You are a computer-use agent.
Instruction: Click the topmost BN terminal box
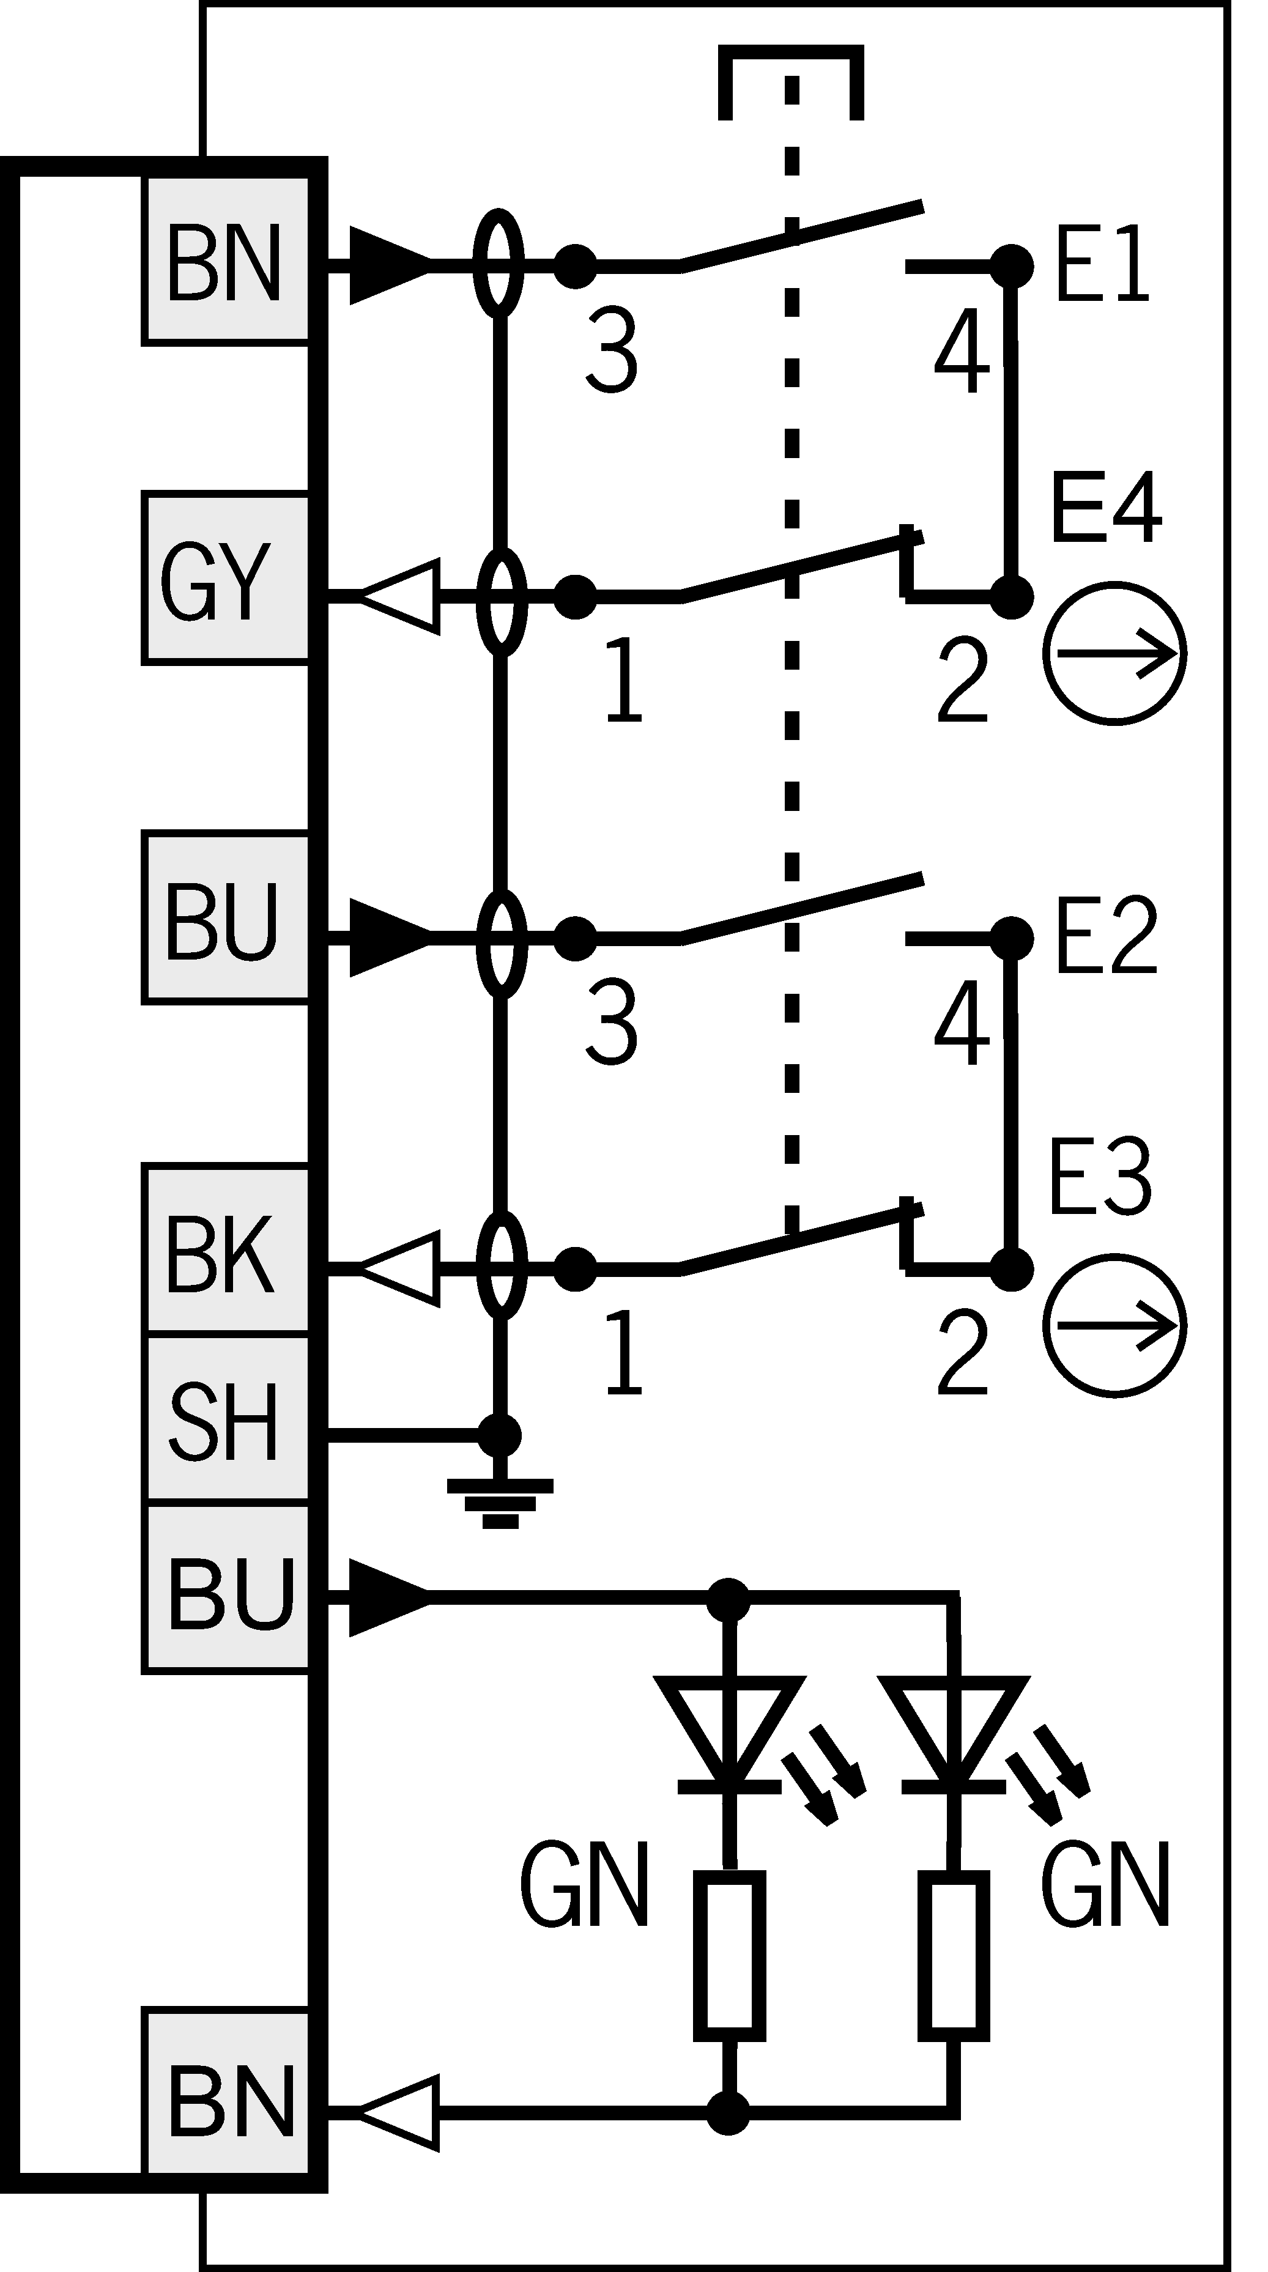[x=226, y=259]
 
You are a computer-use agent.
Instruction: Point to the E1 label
[x=1102, y=264]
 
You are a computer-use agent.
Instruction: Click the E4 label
[x=1106, y=507]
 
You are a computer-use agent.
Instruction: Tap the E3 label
[x=1100, y=1177]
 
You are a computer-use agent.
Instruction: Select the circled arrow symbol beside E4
[x=1114, y=654]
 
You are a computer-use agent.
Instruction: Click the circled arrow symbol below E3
[x=1114, y=1326]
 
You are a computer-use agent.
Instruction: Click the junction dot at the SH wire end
[x=500, y=1435]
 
